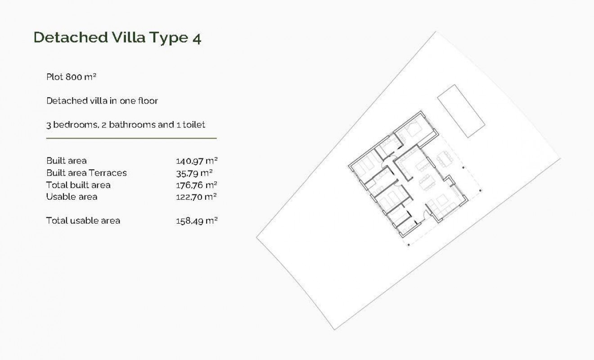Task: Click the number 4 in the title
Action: [x=196, y=38]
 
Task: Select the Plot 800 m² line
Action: [x=72, y=76]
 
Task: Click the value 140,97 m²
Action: [x=197, y=161]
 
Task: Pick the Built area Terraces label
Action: [x=86, y=173]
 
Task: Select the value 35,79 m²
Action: [x=194, y=173]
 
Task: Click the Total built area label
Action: [x=78, y=185]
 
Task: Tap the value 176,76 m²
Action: [x=197, y=185]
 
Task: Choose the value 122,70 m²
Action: [x=197, y=197]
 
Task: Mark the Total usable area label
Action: [x=83, y=220]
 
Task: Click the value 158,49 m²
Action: [x=197, y=220]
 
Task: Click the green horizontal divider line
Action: [x=131, y=138]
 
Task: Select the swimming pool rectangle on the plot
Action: [x=461, y=111]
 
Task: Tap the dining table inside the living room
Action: [x=426, y=183]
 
